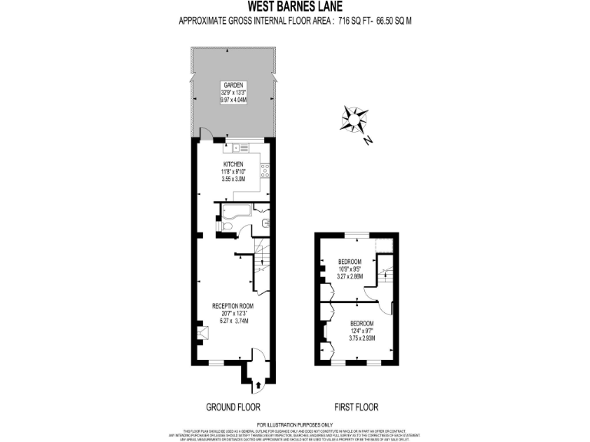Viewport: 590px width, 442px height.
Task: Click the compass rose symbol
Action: [x=353, y=121]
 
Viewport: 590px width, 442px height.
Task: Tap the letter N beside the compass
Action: [x=369, y=140]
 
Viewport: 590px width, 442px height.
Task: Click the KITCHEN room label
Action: [x=233, y=164]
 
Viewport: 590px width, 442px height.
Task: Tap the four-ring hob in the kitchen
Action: [x=264, y=168]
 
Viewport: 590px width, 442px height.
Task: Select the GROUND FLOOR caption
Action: [x=233, y=407]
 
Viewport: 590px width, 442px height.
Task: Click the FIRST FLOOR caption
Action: [x=355, y=407]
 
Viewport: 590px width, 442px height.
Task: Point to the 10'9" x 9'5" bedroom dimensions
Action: [x=350, y=269]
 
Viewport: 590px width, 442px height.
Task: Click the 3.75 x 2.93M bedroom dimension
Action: [x=361, y=338]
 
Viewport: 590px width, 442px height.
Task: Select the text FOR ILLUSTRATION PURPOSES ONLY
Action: [x=295, y=424]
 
